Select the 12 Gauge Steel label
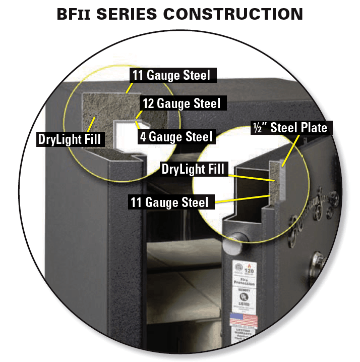pos(181,104)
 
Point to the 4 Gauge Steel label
pos(176,136)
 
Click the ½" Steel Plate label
pos(290,128)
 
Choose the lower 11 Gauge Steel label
pos(169,202)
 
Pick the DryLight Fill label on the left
pos(70,139)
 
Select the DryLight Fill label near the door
pos(192,169)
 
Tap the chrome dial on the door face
pos(318,261)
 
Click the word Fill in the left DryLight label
pos(92,139)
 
